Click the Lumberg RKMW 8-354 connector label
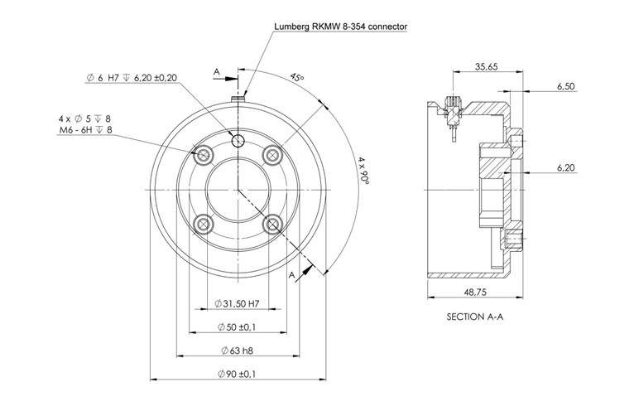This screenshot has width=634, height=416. [x=339, y=27]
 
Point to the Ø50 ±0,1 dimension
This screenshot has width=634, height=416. [x=235, y=328]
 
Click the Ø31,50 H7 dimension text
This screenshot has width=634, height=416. [x=236, y=304]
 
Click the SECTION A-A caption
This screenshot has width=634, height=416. [x=475, y=317]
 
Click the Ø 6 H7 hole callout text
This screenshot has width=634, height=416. [x=132, y=77]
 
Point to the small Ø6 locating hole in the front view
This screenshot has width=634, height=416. [x=238, y=140]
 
